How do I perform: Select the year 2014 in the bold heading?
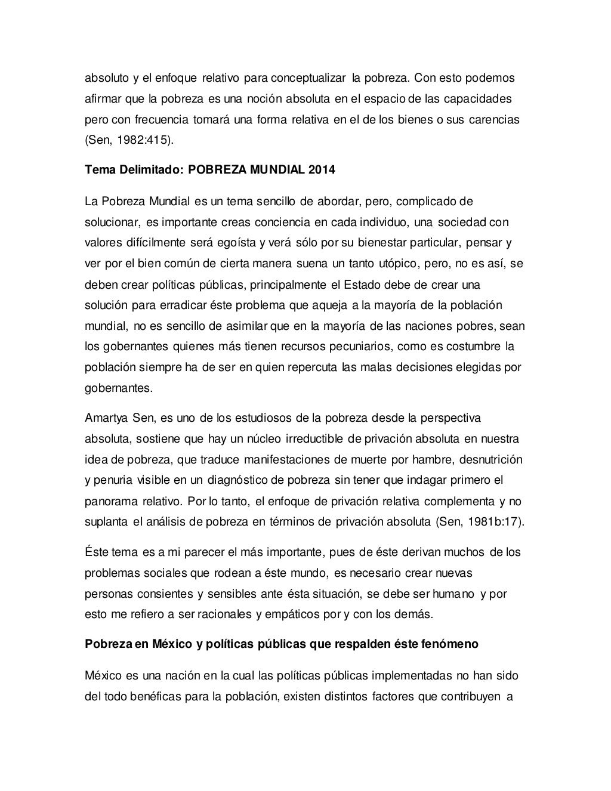coord(323,169)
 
